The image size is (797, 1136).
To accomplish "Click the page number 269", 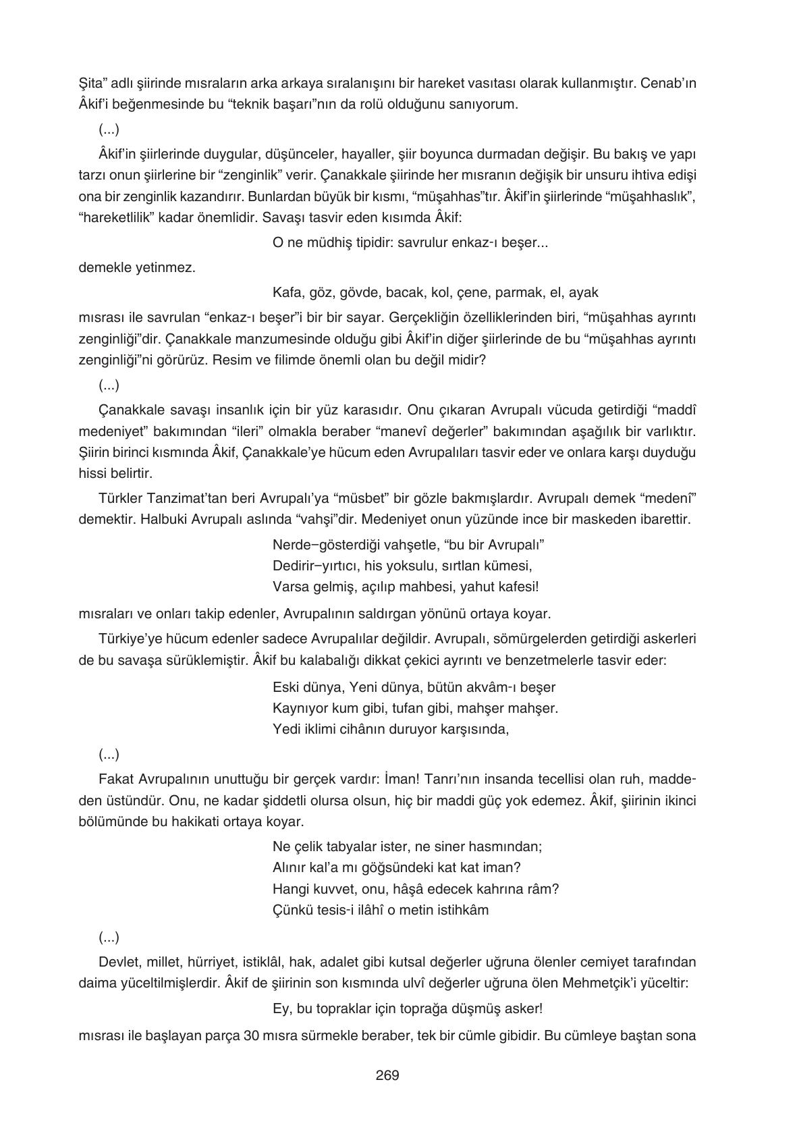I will (x=387, y=1075).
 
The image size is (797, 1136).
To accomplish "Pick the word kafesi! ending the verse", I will (x=517, y=587).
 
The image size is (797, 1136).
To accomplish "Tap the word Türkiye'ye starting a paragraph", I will (x=128, y=639).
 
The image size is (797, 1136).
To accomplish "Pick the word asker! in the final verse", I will (x=524, y=1009).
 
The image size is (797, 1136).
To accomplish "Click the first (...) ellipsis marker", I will (x=109, y=130).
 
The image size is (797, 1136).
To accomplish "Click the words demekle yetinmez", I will (x=137, y=268).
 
